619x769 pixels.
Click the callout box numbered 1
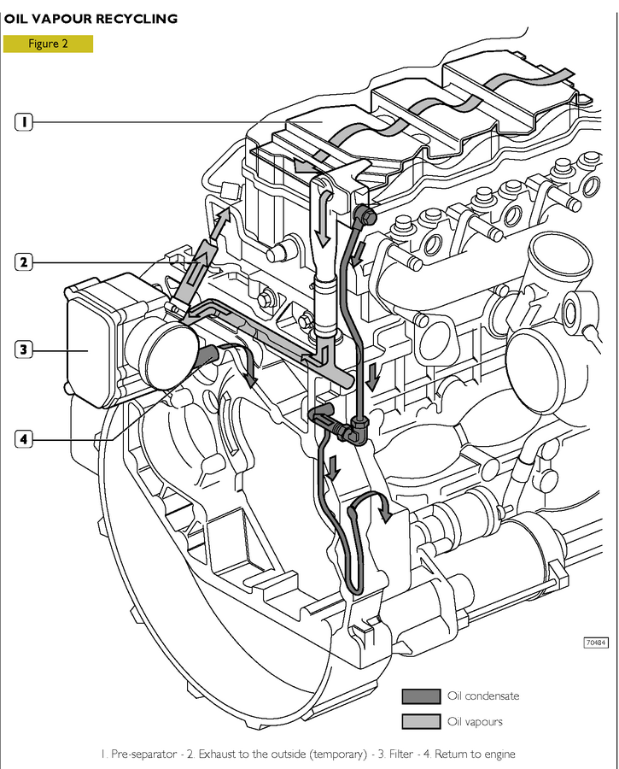pos(25,122)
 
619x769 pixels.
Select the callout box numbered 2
pos(25,262)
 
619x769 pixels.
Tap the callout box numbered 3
pos(25,349)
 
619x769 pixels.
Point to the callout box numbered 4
pos(25,439)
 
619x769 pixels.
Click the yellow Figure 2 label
pos(48,44)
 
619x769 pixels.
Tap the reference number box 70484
pos(596,643)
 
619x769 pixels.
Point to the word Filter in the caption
pos(414,754)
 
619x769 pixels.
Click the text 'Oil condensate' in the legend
pos(483,696)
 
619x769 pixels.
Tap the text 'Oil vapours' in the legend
pos(475,721)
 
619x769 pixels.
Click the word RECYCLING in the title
pos(143,18)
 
